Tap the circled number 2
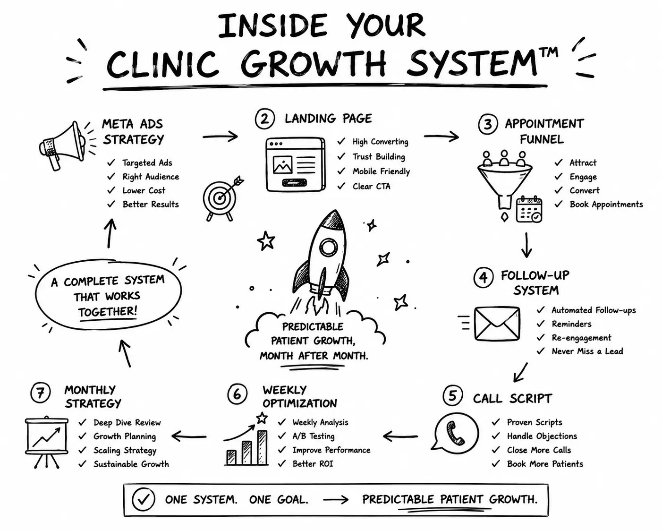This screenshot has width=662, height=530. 264,119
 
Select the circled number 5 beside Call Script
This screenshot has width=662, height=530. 452,395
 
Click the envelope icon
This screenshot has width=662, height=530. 497,324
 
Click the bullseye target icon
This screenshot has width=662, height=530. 221,197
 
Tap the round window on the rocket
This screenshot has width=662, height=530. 329,247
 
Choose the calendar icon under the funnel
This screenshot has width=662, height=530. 529,209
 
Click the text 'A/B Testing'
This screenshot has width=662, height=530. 313,436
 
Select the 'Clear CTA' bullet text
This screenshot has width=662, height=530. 371,186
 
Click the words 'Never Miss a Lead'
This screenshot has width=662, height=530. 587,351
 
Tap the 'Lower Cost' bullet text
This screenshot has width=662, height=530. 144,190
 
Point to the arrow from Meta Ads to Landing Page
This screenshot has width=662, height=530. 220,136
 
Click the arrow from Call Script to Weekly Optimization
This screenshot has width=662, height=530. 400,436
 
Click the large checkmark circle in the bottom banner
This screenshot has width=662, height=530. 143,499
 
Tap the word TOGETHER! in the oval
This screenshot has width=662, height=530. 107,311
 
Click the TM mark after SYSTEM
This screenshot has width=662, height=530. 549,52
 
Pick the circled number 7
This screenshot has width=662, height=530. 41,393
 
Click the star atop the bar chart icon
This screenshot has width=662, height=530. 262,418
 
